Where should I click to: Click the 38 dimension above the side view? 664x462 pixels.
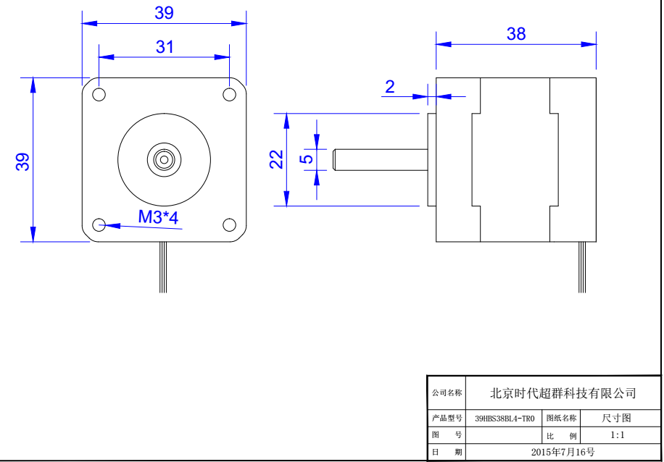tap(516, 34)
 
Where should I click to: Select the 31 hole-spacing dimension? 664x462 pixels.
tap(165, 47)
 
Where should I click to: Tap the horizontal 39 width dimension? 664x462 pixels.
tap(165, 13)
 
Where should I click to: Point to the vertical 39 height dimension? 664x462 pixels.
tap(24, 161)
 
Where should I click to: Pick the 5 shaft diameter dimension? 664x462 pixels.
tap(307, 159)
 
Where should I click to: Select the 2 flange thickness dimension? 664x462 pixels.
tap(390, 88)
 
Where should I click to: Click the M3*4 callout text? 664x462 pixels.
tap(158, 217)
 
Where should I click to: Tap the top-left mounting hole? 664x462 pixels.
tap(99, 94)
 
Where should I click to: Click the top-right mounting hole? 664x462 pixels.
tap(229, 94)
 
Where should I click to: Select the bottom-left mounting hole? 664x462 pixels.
tap(99, 224)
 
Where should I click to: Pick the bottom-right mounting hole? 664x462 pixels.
tap(229, 224)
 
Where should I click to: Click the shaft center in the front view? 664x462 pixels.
tap(164, 159)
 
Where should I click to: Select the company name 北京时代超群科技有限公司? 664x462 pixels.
tap(563, 393)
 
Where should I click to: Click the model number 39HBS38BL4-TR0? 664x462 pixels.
tap(505, 419)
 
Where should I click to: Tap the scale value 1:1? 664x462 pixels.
tap(618, 435)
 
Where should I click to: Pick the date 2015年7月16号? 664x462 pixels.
tap(563, 453)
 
